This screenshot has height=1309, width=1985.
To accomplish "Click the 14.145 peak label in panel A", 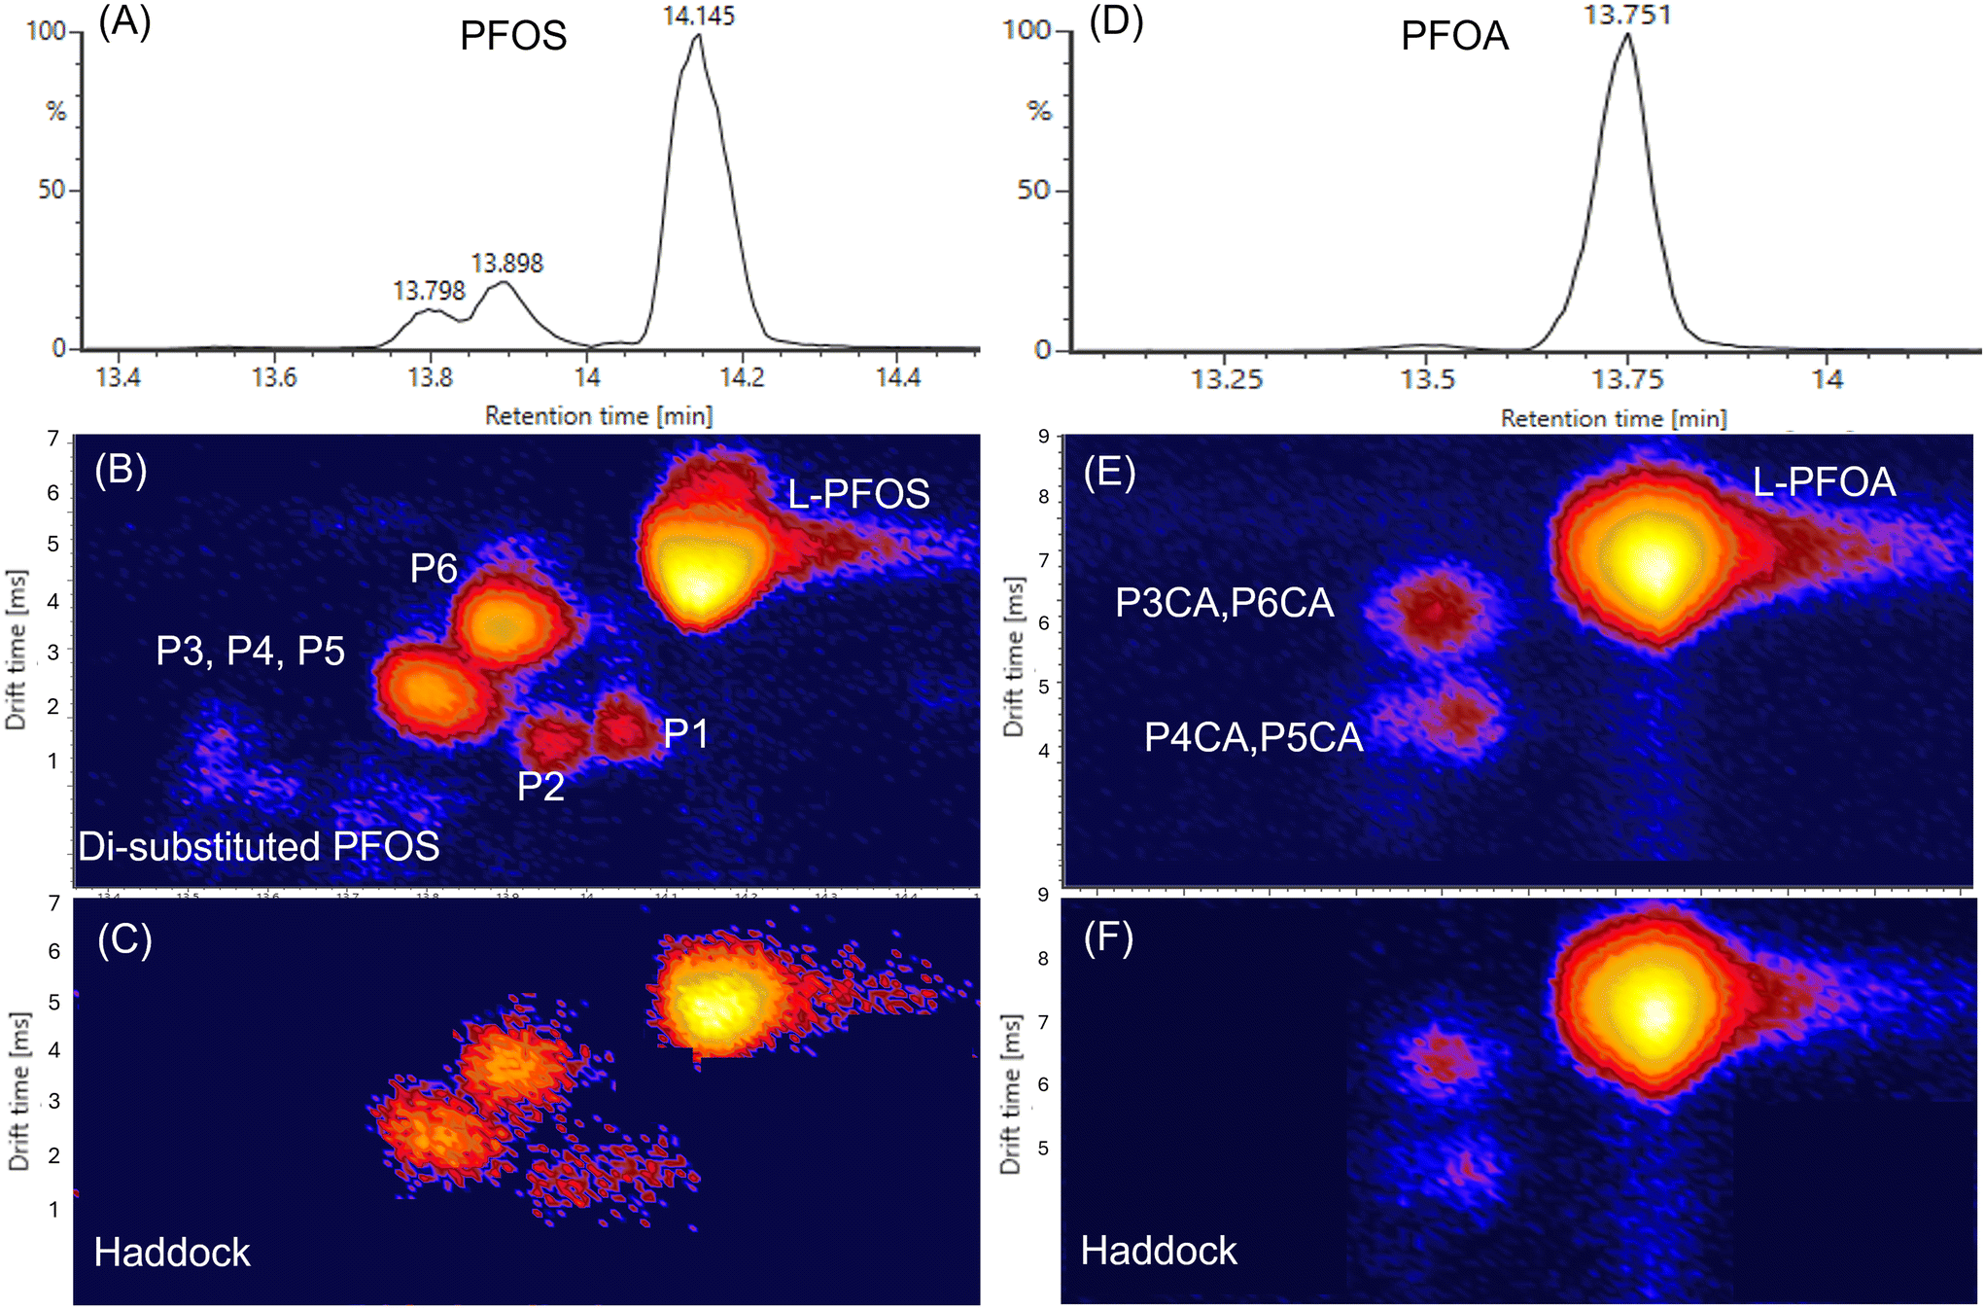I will (699, 16).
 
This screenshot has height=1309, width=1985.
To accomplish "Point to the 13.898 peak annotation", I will (507, 264).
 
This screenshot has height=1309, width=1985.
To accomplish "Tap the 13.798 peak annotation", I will (429, 291).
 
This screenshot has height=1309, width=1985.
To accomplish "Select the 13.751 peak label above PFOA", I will (1627, 15).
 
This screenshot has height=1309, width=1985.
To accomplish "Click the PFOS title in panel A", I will (513, 36).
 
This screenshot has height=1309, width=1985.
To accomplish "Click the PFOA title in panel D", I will (1454, 36).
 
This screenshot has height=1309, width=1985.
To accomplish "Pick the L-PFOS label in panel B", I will (858, 494).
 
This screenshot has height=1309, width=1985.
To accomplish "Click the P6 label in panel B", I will (434, 569).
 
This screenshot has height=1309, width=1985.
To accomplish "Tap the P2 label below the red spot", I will (540, 787).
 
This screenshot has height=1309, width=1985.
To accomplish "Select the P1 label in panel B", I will (685, 733).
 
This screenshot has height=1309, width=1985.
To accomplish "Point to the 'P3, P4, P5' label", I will (251, 652).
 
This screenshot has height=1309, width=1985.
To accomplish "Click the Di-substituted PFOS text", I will (259, 847).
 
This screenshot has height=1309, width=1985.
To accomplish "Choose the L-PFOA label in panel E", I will (1824, 482).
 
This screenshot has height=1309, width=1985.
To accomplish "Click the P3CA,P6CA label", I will (1224, 603).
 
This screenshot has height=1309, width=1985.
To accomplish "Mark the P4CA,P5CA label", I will (1253, 737).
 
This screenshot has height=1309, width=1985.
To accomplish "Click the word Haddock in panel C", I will (172, 1253).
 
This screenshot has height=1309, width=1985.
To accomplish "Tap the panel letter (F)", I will (1108, 940).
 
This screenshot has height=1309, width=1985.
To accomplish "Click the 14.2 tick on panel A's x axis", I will (743, 377).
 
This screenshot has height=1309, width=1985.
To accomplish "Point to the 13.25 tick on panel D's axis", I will (1227, 379).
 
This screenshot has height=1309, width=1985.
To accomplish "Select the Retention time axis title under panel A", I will (599, 416).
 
